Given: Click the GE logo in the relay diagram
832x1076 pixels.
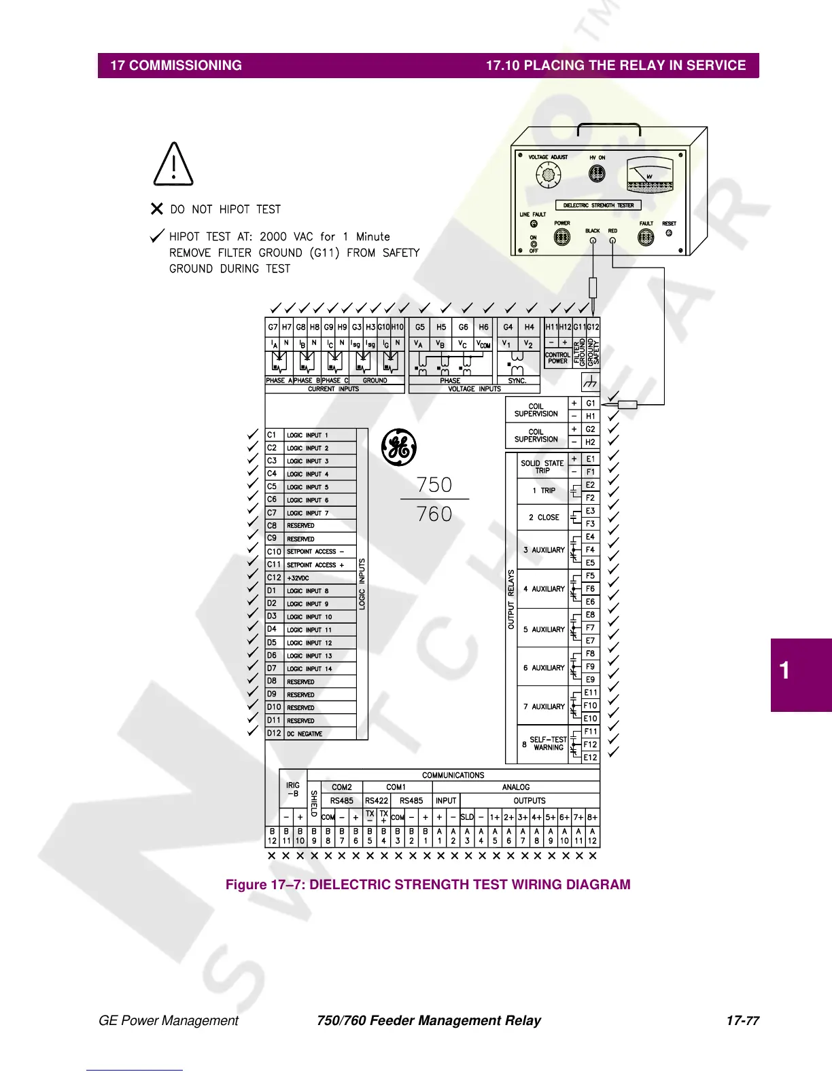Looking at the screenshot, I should point(399,447).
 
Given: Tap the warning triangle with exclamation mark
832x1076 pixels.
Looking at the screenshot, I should point(174,165).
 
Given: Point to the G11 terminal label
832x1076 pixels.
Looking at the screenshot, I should point(579,327).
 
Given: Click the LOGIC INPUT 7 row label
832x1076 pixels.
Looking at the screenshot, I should point(307,513).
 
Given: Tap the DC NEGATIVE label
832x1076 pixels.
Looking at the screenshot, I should point(305,734).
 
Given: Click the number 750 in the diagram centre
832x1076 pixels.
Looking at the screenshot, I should point(434,485).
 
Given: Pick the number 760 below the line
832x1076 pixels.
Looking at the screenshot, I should point(434,514).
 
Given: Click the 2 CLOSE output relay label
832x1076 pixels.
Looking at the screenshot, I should point(544,517).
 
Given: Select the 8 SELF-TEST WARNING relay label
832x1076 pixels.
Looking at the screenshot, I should point(547,744).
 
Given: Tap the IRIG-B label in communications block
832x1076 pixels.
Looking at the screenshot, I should point(293,789).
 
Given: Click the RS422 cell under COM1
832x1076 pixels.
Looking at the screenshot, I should point(377,801).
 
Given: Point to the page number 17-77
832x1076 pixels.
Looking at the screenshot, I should point(742,1020).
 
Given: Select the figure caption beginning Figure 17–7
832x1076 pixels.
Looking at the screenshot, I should point(428,884).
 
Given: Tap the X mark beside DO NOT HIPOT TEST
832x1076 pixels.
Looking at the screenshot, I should point(157,209).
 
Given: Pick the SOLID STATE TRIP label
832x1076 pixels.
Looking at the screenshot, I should point(542,467).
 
